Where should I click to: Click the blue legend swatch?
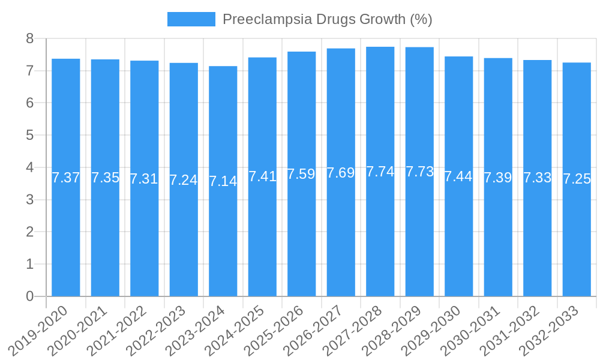point(191,19)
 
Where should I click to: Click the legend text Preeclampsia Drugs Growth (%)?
point(327,19)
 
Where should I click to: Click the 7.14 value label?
point(223,181)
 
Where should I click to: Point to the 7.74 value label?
point(380,172)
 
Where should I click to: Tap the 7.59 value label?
point(302,174)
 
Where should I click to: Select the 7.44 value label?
point(459,176)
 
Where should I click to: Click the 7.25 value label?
point(577,179)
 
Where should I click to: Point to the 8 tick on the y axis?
point(29,39)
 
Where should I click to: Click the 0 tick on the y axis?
point(29,296)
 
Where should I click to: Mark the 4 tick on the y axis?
point(29,167)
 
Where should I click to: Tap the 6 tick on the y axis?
point(29,103)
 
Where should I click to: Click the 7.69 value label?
point(341,173)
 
